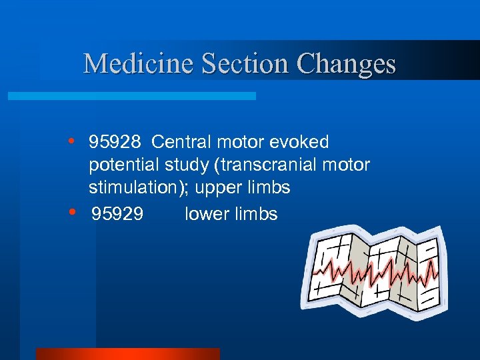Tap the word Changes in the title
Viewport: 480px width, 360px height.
[347, 64]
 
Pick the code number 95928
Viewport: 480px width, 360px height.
[115, 143]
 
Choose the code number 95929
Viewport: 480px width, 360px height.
[117, 214]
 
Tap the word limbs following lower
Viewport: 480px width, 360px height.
[257, 214]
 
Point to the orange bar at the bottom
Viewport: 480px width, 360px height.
[127, 353]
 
